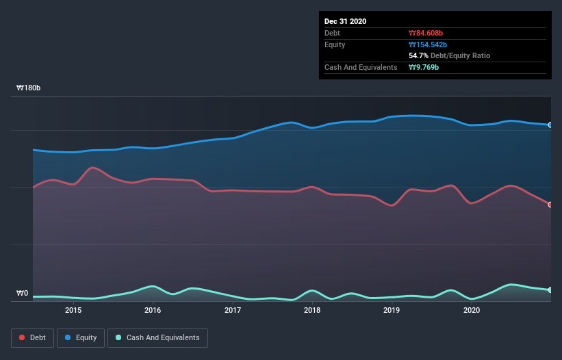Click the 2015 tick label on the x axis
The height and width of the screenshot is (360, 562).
73,310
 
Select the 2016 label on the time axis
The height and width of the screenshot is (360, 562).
153,310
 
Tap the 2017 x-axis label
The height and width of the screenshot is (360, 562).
233,310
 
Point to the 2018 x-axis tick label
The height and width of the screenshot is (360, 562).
312,310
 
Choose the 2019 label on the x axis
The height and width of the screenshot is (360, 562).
392,310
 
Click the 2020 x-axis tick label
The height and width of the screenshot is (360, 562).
472,310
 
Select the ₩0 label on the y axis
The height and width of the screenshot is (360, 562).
23,294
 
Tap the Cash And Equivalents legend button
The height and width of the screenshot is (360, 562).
157,337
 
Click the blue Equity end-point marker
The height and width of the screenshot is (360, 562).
550,125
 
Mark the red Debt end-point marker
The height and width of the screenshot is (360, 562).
550,205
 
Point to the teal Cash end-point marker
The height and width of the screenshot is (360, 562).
550,290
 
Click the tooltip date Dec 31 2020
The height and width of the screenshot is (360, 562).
346,21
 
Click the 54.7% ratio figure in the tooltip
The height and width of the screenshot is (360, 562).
418,55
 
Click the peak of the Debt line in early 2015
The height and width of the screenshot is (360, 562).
92,167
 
